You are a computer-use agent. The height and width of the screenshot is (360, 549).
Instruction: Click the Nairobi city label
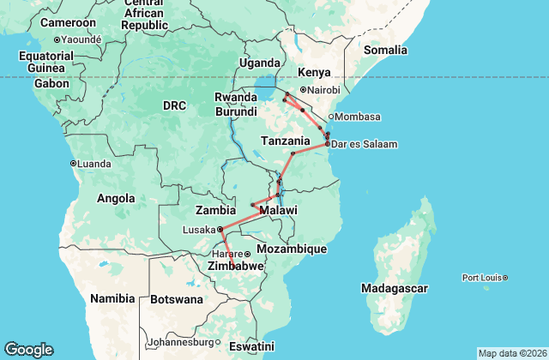[324, 90]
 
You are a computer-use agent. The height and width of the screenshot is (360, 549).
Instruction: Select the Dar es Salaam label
[365, 144]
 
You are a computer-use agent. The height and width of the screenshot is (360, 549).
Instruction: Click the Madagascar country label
[394, 288]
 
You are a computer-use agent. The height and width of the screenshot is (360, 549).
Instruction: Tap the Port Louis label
[482, 277]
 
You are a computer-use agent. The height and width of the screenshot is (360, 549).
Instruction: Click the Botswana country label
[176, 300]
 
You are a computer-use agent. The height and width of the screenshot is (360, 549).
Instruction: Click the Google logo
[28, 350]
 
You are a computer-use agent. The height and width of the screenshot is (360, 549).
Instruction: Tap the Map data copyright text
[511, 353]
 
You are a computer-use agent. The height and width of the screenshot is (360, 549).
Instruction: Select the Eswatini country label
[251, 346]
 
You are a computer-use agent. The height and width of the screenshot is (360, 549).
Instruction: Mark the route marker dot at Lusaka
[220, 229]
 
